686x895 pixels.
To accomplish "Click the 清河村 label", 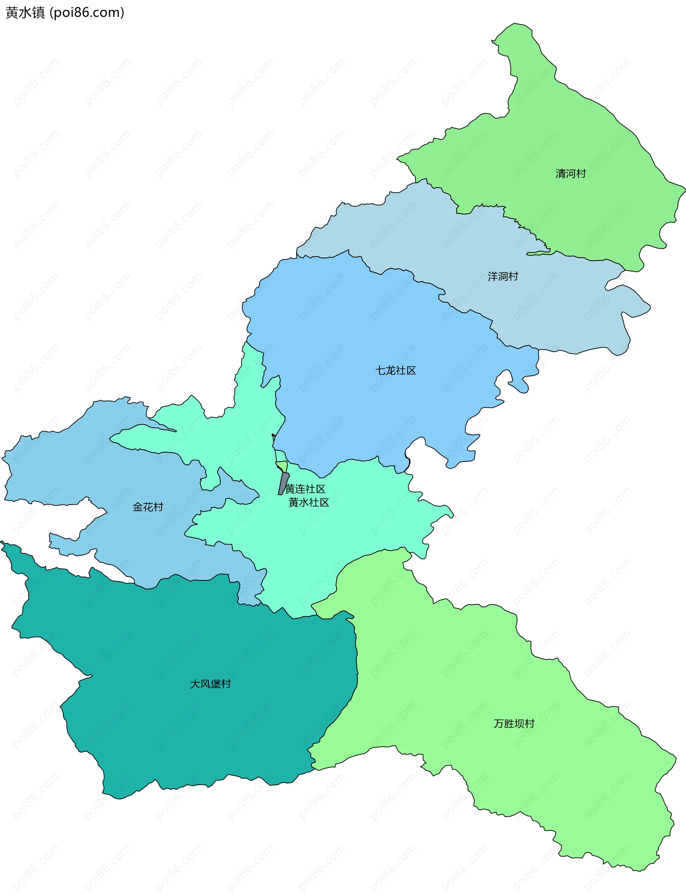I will coord(571,174).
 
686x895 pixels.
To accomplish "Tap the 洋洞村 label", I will coord(503,277).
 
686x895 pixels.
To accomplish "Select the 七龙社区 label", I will coord(395,371).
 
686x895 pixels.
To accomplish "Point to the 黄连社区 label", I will coord(305,489).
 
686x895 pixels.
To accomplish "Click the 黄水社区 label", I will coord(309,502).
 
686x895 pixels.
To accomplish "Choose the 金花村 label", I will coord(148,507).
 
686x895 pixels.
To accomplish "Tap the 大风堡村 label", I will coord(210,684).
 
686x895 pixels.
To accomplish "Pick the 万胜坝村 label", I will coord(514,724).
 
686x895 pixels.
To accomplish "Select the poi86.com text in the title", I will coord(86,13).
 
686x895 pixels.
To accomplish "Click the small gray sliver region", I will coord(283,484).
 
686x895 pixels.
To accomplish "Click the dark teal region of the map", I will coord(184,653).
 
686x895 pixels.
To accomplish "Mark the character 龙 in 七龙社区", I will coord(391,371).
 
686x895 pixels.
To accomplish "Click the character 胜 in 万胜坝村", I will coord(509,724).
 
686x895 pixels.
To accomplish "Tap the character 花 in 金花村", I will coord(148,507).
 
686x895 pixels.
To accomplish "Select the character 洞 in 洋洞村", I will coord(503,277).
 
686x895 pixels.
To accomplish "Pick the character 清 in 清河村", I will coord(561,174).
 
